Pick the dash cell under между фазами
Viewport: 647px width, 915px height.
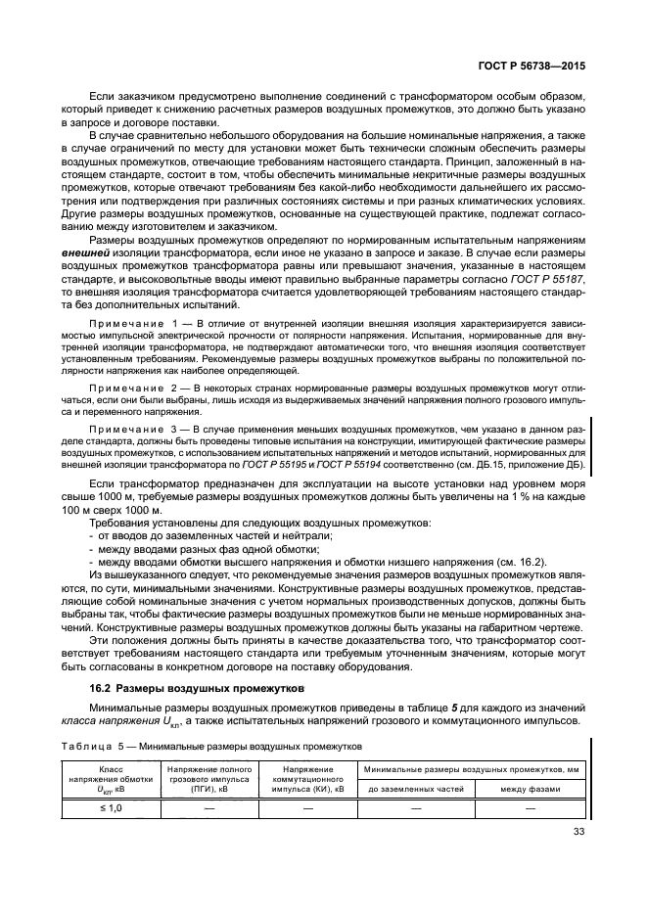531,808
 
